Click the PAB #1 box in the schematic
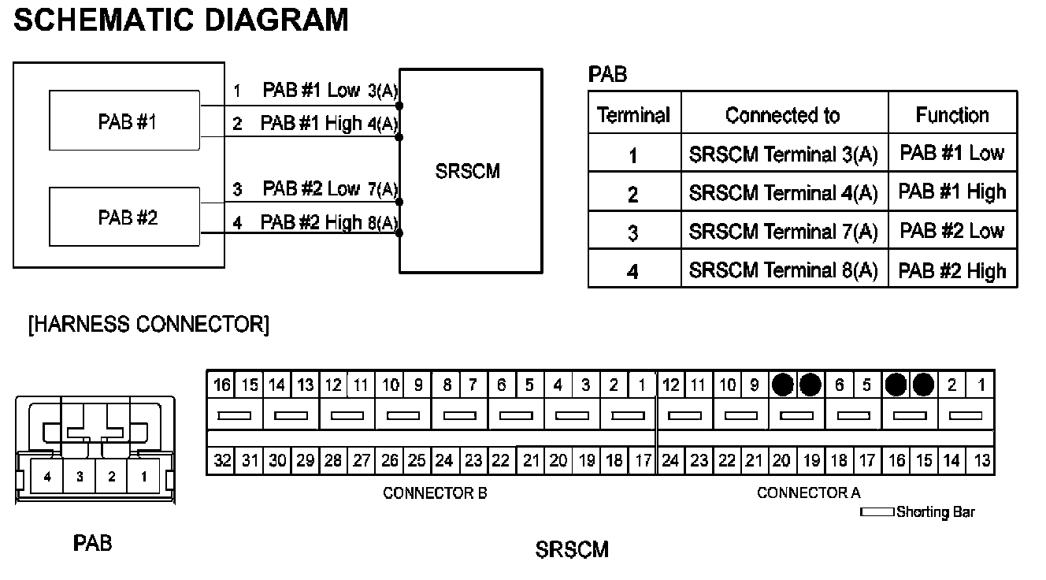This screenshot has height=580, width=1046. tap(124, 121)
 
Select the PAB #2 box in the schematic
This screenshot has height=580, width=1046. tap(124, 217)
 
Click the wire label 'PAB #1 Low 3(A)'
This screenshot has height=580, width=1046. tap(330, 91)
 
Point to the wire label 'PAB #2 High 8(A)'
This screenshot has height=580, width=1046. tap(328, 222)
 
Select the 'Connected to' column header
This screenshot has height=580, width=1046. tap(783, 116)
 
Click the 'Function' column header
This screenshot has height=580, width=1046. tap(951, 116)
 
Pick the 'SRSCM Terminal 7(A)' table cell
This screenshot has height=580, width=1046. tap(783, 232)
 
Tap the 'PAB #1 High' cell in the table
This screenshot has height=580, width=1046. tap(951, 192)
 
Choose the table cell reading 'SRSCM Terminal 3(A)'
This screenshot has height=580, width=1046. tap(783, 154)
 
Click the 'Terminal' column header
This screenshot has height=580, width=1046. tap(633, 116)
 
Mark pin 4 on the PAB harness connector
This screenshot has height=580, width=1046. tap(47, 477)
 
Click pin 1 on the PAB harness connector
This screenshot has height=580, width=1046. tap(143, 477)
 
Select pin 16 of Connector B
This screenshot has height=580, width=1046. tap(222, 385)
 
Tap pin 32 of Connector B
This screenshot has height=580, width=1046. tap(222, 461)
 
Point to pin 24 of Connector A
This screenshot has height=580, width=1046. tap(670, 461)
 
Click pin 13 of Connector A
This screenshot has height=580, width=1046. tap(981, 461)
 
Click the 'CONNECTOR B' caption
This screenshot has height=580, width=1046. tap(435, 493)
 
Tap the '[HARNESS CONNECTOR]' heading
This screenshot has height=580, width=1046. tap(148, 325)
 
